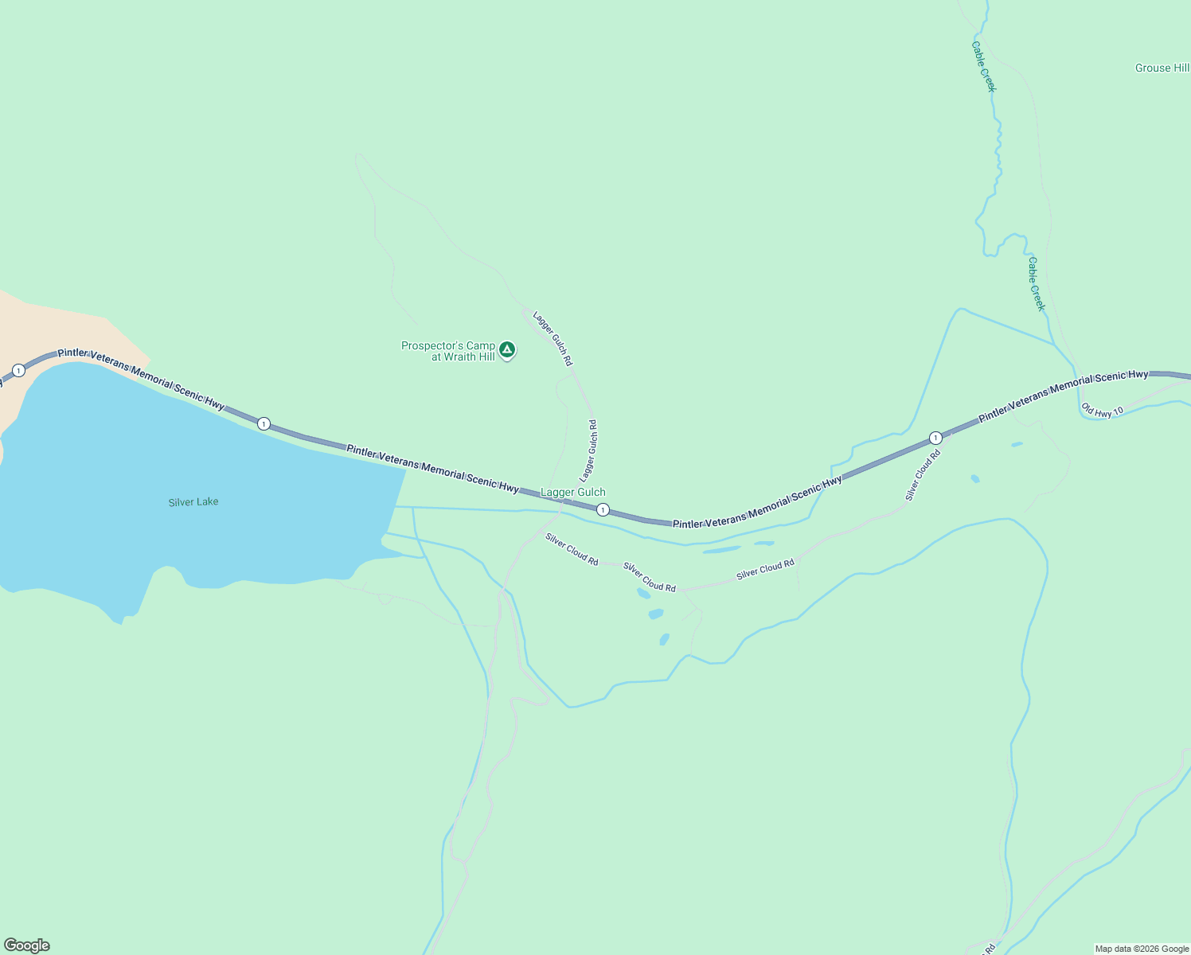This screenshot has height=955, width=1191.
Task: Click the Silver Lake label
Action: coord(193,502)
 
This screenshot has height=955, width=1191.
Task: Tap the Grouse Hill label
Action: coord(1162,68)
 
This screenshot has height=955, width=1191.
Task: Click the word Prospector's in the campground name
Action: coord(436,346)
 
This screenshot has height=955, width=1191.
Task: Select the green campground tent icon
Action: coord(507,349)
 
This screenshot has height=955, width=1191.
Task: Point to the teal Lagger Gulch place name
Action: coord(573,493)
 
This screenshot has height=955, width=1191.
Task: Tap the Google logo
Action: coord(27,945)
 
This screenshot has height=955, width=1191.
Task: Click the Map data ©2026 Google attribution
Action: coord(1142,949)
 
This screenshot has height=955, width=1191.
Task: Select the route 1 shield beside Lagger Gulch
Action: coord(603,510)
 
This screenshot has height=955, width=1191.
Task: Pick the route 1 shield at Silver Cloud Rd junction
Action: coord(935,439)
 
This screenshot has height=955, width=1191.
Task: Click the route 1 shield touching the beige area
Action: coord(18,371)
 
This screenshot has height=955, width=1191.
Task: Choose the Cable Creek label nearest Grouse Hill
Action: coord(984,67)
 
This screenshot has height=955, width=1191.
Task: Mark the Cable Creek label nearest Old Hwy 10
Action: coord(1036,284)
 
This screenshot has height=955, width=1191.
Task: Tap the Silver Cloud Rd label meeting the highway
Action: coord(923,475)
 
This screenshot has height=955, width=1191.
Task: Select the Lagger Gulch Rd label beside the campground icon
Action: coord(553,338)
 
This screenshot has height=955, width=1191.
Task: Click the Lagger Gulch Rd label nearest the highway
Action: coord(588,451)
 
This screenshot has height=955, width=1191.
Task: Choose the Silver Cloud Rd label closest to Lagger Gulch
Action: coord(572,549)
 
